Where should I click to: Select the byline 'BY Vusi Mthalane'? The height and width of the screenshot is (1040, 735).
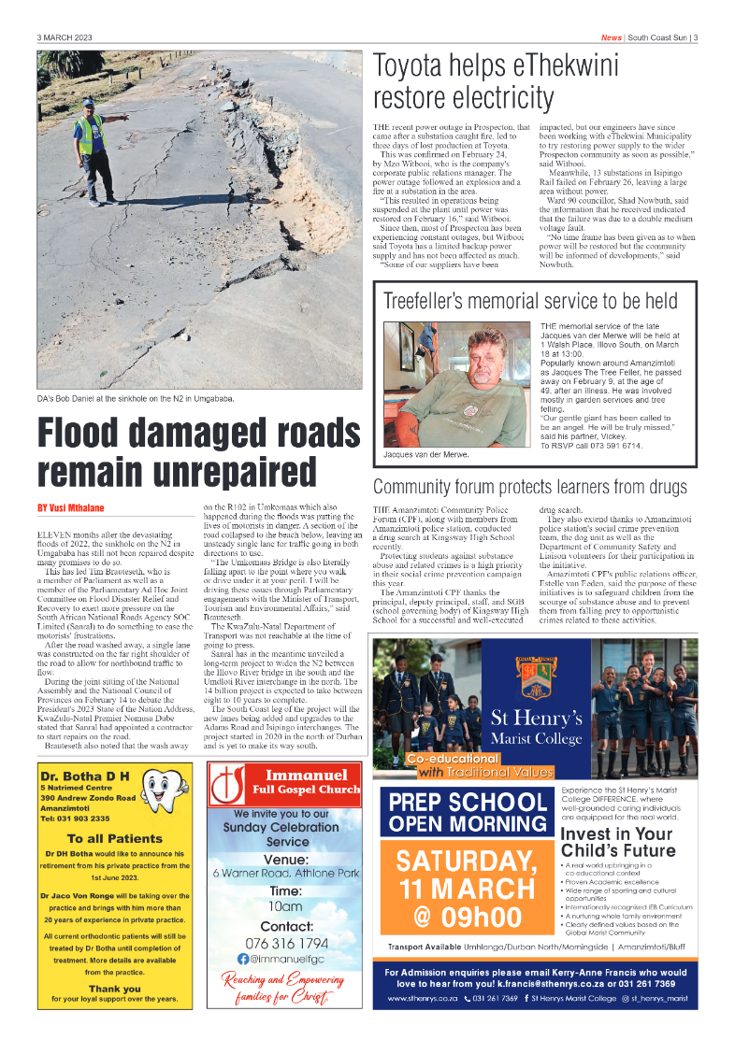point(71,507)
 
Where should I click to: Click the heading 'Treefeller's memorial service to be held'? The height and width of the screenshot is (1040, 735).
point(530,301)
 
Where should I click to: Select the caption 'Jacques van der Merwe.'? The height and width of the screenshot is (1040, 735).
point(426,454)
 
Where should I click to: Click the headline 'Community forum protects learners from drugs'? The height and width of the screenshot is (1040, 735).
point(529,487)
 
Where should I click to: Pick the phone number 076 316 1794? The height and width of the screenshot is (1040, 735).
point(287,944)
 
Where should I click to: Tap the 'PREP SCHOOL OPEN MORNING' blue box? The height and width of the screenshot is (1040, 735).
point(468,813)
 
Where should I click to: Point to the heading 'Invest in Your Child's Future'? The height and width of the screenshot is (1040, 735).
point(617,842)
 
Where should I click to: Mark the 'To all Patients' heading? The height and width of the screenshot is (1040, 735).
point(115,838)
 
